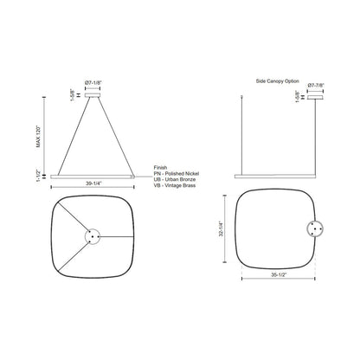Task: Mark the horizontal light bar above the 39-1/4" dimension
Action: [x=94, y=173]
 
